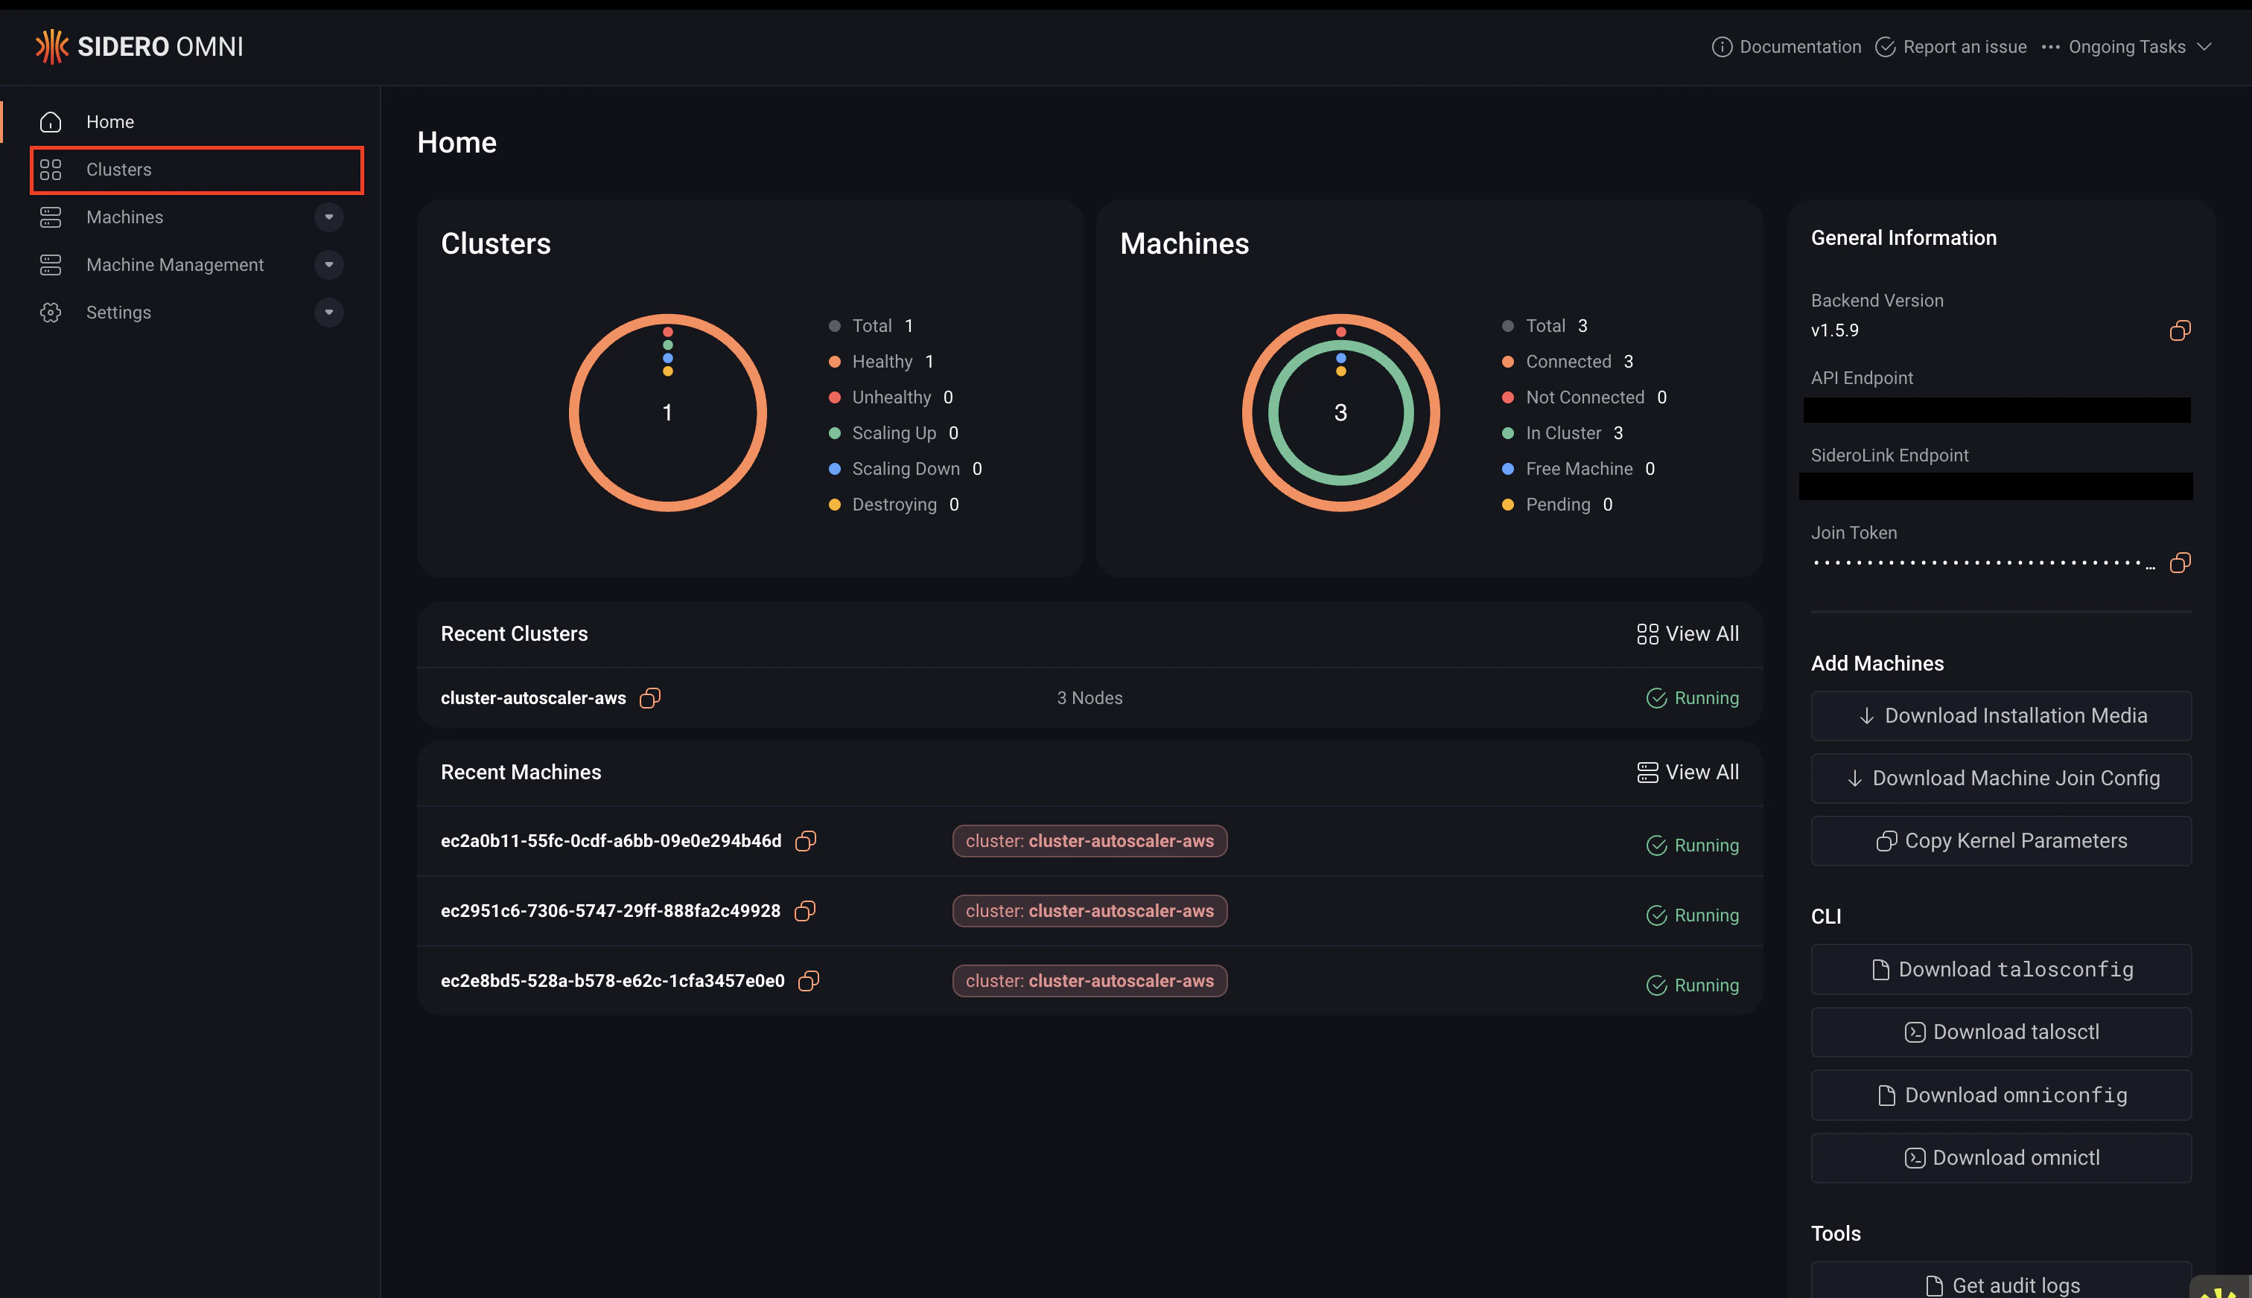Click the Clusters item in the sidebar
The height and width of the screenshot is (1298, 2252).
(x=118, y=170)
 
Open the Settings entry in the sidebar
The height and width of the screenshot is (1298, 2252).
(x=118, y=312)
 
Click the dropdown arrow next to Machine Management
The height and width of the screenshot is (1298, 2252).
(x=329, y=265)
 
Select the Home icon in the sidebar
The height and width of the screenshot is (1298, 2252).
(x=51, y=122)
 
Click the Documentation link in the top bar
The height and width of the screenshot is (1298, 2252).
(x=1787, y=46)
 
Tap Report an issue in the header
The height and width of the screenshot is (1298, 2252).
(x=1951, y=46)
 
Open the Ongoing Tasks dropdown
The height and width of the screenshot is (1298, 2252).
(x=2127, y=46)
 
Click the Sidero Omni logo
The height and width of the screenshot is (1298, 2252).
(x=139, y=46)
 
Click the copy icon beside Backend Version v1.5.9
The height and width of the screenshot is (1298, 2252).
(x=2180, y=330)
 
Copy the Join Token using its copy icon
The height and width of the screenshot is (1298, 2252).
(x=2180, y=563)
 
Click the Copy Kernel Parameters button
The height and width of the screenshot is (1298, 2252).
(x=2000, y=841)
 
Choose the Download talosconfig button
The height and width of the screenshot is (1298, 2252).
(x=2000, y=969)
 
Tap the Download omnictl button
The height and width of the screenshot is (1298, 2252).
(x=2000, y=1157)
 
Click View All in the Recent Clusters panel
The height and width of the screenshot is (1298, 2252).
(x=1688, y=634)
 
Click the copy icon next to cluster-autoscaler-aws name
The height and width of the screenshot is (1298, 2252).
(x=650, y=698)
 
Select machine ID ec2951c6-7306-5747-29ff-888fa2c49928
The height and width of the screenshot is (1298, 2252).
(x=610, y=911)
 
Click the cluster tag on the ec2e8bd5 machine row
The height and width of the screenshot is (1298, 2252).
(x=1089, y=981)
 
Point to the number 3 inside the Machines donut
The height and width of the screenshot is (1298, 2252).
(x=1340, y=413)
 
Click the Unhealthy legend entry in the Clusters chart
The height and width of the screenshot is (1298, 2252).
(x=890, y=397)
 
